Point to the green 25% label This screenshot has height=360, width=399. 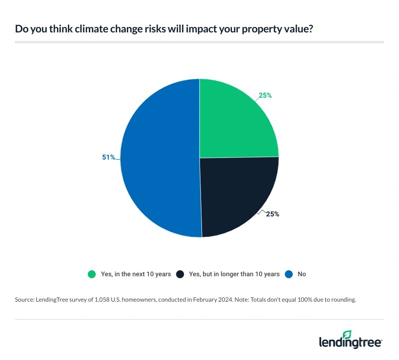(265, 95)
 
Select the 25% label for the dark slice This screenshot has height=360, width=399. (272, 214)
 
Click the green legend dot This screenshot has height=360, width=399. (91, 274)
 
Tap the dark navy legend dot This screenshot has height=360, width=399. (181, 274)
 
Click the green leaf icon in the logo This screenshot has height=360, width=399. (347, 334)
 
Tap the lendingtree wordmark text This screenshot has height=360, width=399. (350, 343)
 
